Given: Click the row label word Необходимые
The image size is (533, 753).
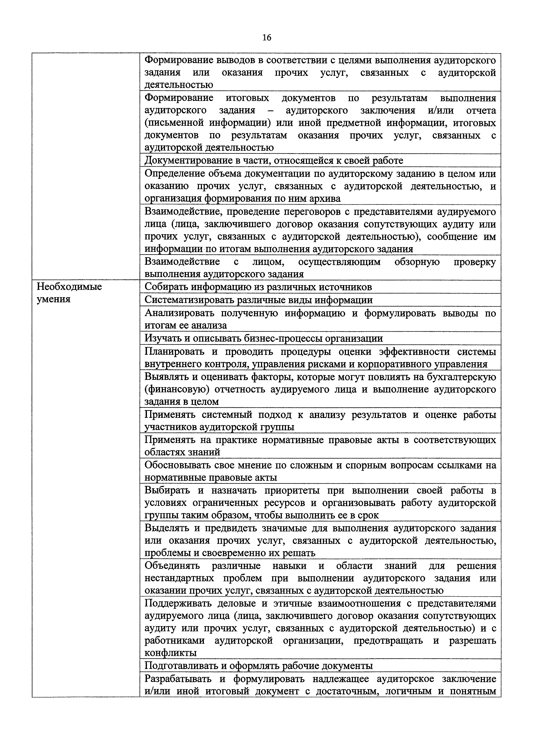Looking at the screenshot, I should [x=69, y=287].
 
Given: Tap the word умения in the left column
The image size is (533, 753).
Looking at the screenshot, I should [x=53, y=300].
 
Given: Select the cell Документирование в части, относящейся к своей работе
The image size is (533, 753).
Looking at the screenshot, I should [x=274, y=161].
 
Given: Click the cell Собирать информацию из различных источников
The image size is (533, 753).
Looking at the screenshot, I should [x=258, y=287].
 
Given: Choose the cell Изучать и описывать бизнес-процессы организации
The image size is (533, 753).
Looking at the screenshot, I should [x=264, y=338].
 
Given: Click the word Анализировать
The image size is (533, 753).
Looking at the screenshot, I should [x=179, y=313].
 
